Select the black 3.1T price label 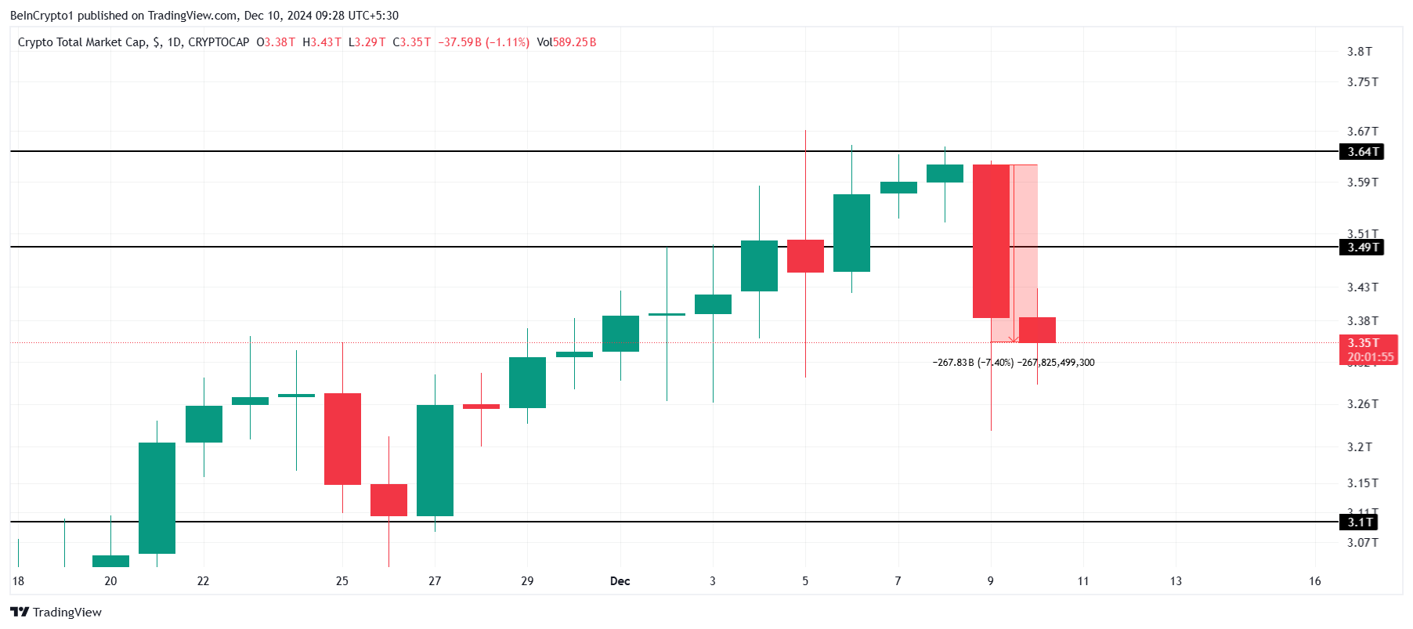click(1360, 522)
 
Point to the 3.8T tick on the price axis click(1359, 52)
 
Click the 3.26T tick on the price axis click(1362, 404)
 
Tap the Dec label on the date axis click(620, 581)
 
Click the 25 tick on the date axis click(342, 581)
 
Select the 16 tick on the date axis click(1314, 581)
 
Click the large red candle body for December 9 click(991, 241)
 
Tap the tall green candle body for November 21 click(157, 498)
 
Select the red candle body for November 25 click(342, 439)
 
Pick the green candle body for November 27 click(435, 461)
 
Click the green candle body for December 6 click(851, 233)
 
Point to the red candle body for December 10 click(1037, 330)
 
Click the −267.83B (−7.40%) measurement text click(973, 363)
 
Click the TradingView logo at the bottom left click(56, 613)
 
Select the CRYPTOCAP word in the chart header click(219, 42)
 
